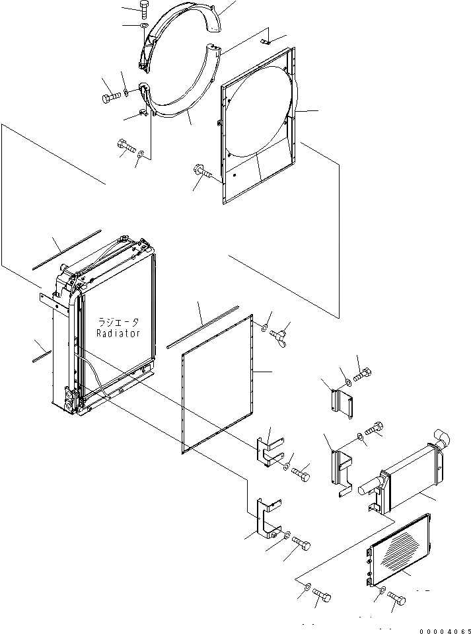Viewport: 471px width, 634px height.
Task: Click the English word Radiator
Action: (x=118, y=333)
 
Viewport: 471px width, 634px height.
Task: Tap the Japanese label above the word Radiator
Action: (x=118, y=322)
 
